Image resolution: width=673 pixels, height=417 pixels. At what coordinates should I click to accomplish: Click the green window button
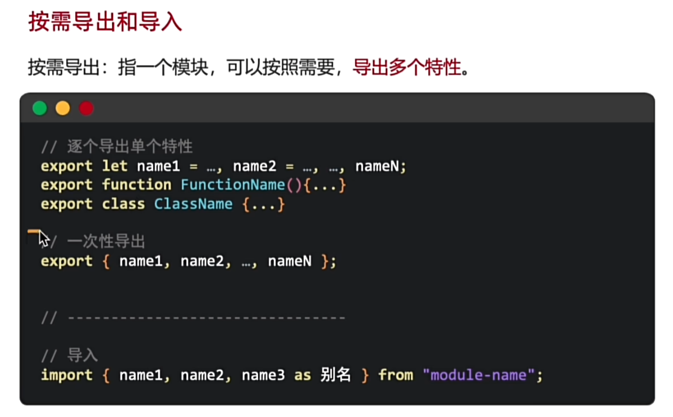(x=40, y=108)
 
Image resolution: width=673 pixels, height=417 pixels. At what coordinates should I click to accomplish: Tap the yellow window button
(x=63, y=108)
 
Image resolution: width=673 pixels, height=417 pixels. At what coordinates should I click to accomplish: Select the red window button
(x=86, y=108)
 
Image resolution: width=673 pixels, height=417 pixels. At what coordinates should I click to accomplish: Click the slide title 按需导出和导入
(x=105, y=23)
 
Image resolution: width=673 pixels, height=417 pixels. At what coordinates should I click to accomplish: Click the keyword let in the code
(x=115, y=166)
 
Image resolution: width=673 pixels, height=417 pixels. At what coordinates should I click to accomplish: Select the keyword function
(x=137, y=185)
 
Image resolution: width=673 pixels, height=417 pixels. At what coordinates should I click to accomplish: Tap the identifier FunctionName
(x=233, y=185)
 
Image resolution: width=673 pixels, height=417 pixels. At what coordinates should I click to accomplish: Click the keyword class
(x=124, y=204)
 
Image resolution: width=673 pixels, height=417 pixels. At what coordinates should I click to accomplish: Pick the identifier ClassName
(x=193, y=204)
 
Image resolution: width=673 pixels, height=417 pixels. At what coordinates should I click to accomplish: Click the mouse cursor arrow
(x=44, y=239)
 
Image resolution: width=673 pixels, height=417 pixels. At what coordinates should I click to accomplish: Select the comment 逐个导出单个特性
(x=130, y=147)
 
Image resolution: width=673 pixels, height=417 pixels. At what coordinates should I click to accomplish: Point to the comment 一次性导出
(x=106, y=242)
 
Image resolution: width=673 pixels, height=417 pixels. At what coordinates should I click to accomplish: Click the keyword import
(x=67, y=375)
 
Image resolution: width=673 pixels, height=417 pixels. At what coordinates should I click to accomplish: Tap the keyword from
(x=396, y=375)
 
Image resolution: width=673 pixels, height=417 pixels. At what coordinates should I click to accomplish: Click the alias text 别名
(x=335, y=375)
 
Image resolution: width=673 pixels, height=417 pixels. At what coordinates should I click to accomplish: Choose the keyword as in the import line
(x=302, y=375)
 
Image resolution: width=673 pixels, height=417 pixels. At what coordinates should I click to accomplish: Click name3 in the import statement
(x=263, y=375)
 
